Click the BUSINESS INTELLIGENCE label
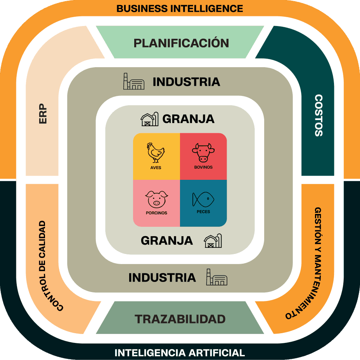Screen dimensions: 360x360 click(x=180, y=8)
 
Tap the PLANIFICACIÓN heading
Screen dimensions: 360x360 click(x=181, y=43)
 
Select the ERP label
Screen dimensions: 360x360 click(x=43, y=113)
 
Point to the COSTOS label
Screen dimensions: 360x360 click(x=318, y=115)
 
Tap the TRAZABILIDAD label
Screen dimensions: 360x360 click(x=180, y=319)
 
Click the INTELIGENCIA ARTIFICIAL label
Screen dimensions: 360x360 click(x=180, y=353)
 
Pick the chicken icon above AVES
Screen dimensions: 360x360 click(x=156, y=153)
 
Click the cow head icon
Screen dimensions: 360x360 click(x=203, y=152)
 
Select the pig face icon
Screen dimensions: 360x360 click(x=157, y=199)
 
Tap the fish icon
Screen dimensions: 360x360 click(x=203, y=200)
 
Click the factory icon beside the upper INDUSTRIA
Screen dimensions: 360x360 click(x=133, y=82)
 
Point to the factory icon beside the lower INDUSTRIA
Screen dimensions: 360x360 click(x=217, y=277)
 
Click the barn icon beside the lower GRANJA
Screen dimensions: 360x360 click(x=213, y=241)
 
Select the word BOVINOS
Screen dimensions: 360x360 click(x=203, y=167)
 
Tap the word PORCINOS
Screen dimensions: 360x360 click(x=157, y=213)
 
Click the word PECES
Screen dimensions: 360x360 click(x=203, y=212)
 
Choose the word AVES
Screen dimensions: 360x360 click(x=156, y=168)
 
